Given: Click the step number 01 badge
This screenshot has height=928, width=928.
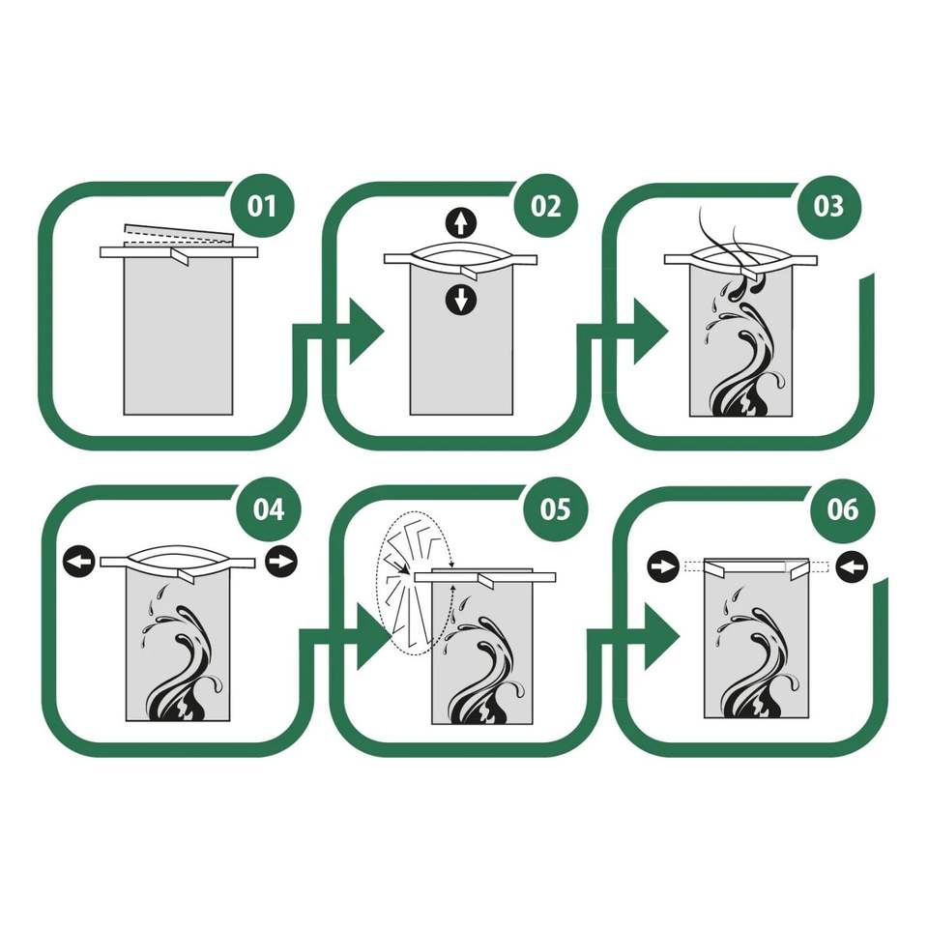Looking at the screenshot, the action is tap(262, 206).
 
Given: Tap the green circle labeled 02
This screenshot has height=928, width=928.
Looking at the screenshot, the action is tap(545, 206).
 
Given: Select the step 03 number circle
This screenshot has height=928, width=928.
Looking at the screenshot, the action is tap(828, 206).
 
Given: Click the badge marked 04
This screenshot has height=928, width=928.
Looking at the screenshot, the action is tap(268, 509).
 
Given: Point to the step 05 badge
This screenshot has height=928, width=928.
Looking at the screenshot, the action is tap(555, 509).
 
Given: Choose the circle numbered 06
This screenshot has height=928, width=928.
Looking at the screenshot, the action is tap(842, 509).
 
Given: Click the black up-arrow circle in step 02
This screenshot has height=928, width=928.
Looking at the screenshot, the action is tap(460, 222).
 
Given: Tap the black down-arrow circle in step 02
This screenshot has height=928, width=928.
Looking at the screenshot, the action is tap(460, 300).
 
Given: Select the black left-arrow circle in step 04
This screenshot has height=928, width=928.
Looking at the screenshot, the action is tap(79, 561).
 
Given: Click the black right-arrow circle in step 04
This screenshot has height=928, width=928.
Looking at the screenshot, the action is tap(281, 561).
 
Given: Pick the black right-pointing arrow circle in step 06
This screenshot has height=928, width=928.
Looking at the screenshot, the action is tap(663, 566).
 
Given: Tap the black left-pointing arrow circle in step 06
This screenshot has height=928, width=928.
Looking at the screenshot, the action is tap(853, 566).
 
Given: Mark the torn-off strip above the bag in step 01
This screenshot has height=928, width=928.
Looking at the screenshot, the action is tap(179, 236).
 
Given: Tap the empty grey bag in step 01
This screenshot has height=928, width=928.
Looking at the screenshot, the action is tap(178, 335).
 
